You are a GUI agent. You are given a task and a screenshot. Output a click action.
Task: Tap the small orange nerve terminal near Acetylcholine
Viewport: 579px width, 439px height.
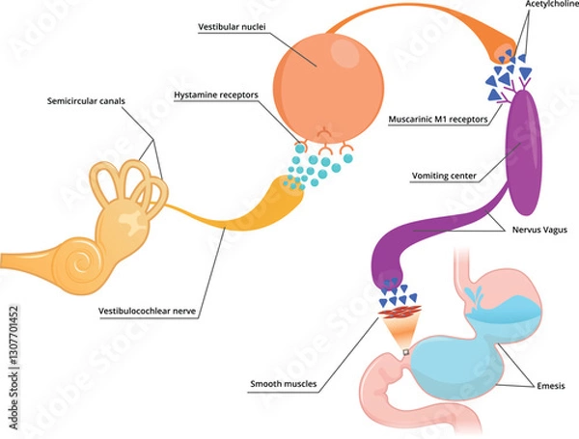[503, 53]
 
